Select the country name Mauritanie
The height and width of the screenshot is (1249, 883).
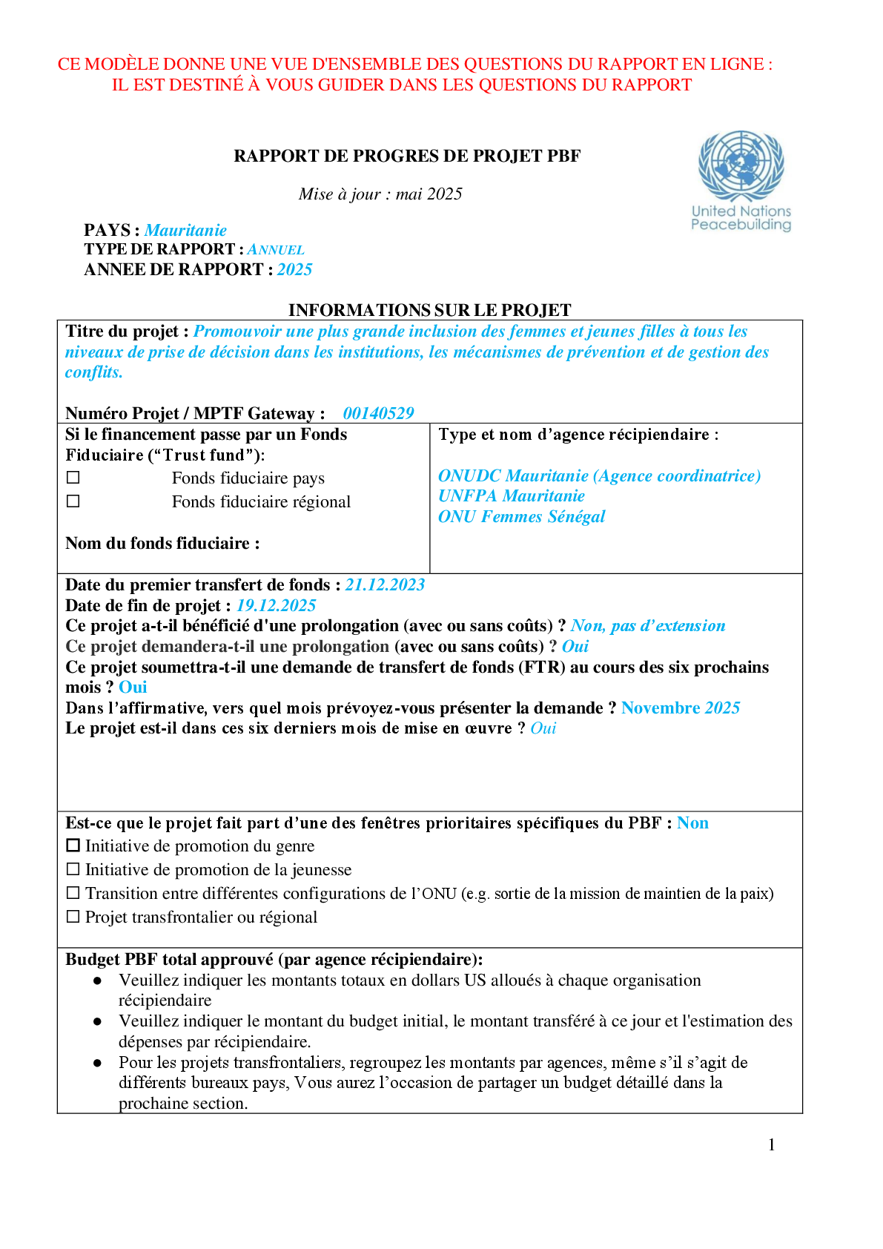(x=185, y=230)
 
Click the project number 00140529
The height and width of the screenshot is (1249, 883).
(x=378, y=413)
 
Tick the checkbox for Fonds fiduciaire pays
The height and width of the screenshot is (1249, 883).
(x=73, y=478)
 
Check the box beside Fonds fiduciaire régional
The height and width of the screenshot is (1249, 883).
(x=73, y=501)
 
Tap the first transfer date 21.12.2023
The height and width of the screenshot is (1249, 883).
(x=385, y=584)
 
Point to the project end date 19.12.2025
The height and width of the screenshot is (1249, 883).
(x=276, y=605)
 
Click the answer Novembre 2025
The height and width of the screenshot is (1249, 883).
(x=680, y=708)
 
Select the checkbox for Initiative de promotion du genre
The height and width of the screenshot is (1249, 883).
(x=73, y=846)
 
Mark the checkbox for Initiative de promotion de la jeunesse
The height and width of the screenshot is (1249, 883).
(x=73, y=869)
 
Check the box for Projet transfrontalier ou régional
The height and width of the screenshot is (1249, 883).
(x=73, y=917)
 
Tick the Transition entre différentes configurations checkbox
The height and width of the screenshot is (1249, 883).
(x=73, y=893)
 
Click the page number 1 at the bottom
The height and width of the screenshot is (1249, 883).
(x=772, y=1144)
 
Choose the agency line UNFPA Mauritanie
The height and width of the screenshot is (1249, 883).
(x=511, y=495)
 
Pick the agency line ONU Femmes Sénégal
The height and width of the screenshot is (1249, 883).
(x=521, y=516)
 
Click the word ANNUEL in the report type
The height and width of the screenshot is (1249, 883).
(x=276, y=250)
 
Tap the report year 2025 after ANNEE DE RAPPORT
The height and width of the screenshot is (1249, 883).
(x=294, y=269)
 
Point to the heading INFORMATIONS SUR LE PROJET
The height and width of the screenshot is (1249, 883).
(x=429, y=309)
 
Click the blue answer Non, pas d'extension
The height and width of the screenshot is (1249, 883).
(x=647, y=626)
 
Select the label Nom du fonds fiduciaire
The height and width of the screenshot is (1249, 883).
(x=162, y=543)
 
